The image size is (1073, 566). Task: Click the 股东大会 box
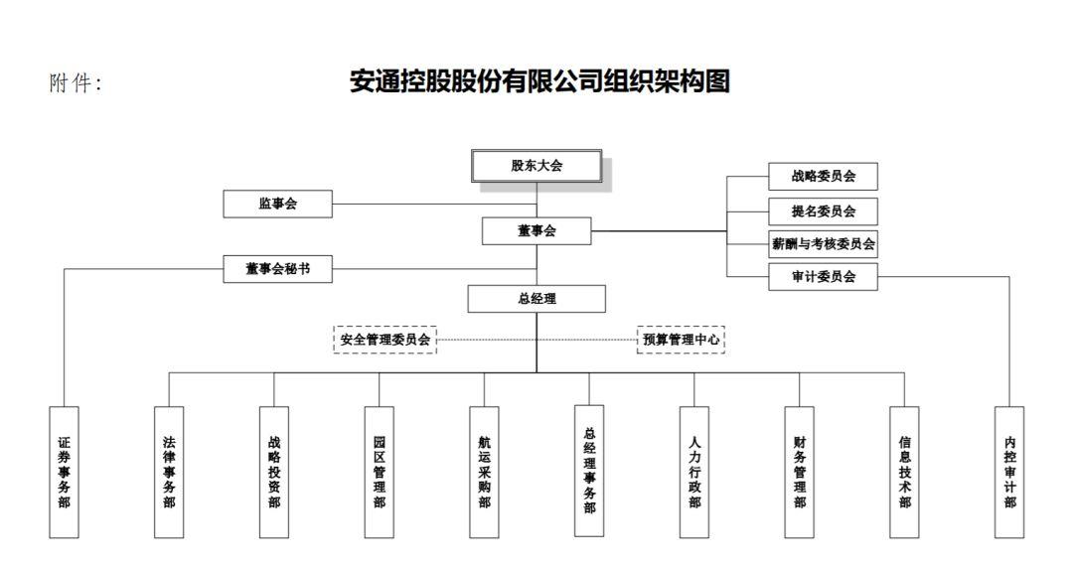(536, 166)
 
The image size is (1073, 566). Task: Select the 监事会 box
(278, 204)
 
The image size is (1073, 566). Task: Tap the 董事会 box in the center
(536, 231)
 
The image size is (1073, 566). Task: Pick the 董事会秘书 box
(278, 269)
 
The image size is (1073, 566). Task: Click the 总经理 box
(536, 299)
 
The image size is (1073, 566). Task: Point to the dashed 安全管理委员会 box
(385, 340)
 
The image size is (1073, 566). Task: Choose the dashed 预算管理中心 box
(681, 340)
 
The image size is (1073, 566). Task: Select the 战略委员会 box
(824, 177)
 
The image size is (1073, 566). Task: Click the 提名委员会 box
(824, 212)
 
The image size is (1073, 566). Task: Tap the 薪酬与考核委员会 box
(824, 244)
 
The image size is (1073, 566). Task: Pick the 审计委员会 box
(824, 277)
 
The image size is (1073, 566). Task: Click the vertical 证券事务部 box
(65, 473)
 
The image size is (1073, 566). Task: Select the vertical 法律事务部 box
(169, 473)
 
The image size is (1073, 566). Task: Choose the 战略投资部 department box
(274, 473)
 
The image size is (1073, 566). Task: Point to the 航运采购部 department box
(485, 473)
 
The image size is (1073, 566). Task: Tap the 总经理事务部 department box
(590, 471)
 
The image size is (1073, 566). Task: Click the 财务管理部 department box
(799, 473)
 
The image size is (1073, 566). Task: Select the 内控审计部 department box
(1009, 473)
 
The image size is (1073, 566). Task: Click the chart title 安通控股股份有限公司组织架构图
(539, 81)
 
